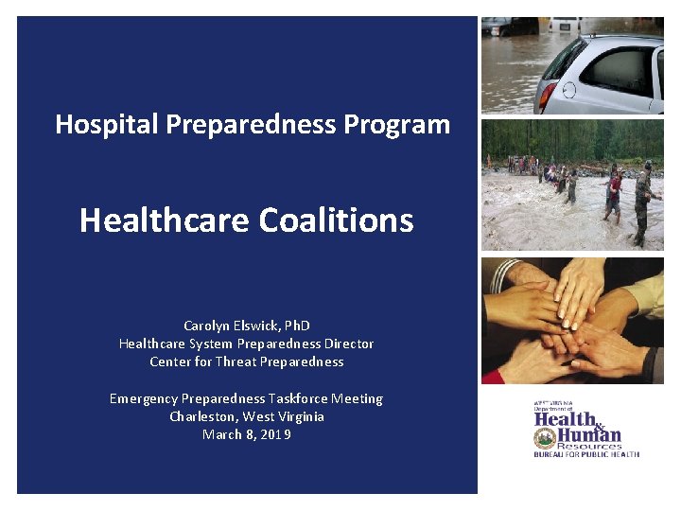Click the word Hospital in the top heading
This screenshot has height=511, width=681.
[x=98, y=124]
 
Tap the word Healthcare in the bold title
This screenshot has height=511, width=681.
[x=162, y=220]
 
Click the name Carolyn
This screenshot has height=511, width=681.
[x=207, y=326]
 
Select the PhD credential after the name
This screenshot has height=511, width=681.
[x=297, y=326]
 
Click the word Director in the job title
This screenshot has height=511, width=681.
[x=349, y=344]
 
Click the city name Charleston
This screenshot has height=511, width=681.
[x=201, y=416]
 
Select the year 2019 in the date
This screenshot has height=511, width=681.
[x=273, y=434]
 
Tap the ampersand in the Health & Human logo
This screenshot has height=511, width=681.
[x=599, y=423]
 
